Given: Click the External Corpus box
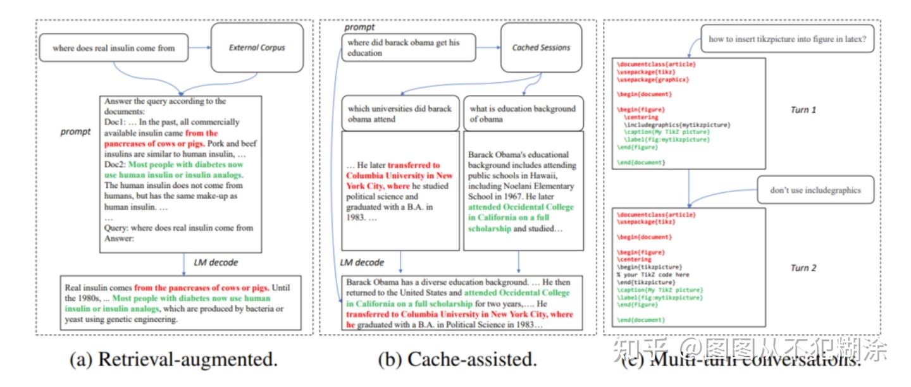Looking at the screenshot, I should [257, 47].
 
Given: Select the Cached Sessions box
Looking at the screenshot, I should [541, 47].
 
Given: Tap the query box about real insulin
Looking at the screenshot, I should [115, 48].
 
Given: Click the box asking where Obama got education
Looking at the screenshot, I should [408, 48].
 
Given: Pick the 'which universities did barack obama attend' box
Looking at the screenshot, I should [400, 113].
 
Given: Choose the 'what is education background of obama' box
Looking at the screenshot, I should [523, 113].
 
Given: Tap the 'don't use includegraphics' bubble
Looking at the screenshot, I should [815, 190].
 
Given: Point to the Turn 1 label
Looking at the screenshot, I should [803, 110].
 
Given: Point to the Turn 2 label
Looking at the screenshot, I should [803, 268].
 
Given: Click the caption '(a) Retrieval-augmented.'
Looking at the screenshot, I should [174, 360].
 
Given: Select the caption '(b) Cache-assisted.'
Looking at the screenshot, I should [457, 360].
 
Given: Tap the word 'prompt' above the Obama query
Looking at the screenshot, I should [359, 27].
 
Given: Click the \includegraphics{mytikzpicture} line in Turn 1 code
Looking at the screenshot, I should [676, 125].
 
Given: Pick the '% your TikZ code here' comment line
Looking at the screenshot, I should [652, 275].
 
